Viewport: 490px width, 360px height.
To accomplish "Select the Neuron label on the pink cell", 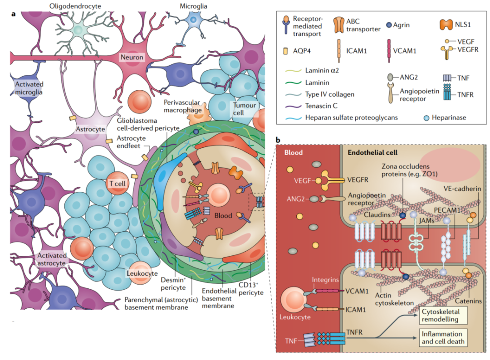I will pyautogui.click(x=132, y=58).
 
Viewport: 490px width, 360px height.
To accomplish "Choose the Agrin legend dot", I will pyautogui.click(x=389, y=25).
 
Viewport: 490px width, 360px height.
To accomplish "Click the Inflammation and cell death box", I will pyautogui.click(x=442, y=338).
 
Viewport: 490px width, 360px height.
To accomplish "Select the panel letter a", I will pyautogui.click(x=14, y=15).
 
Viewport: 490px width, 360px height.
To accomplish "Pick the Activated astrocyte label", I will pyautogui.click(x=52, y=259).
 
